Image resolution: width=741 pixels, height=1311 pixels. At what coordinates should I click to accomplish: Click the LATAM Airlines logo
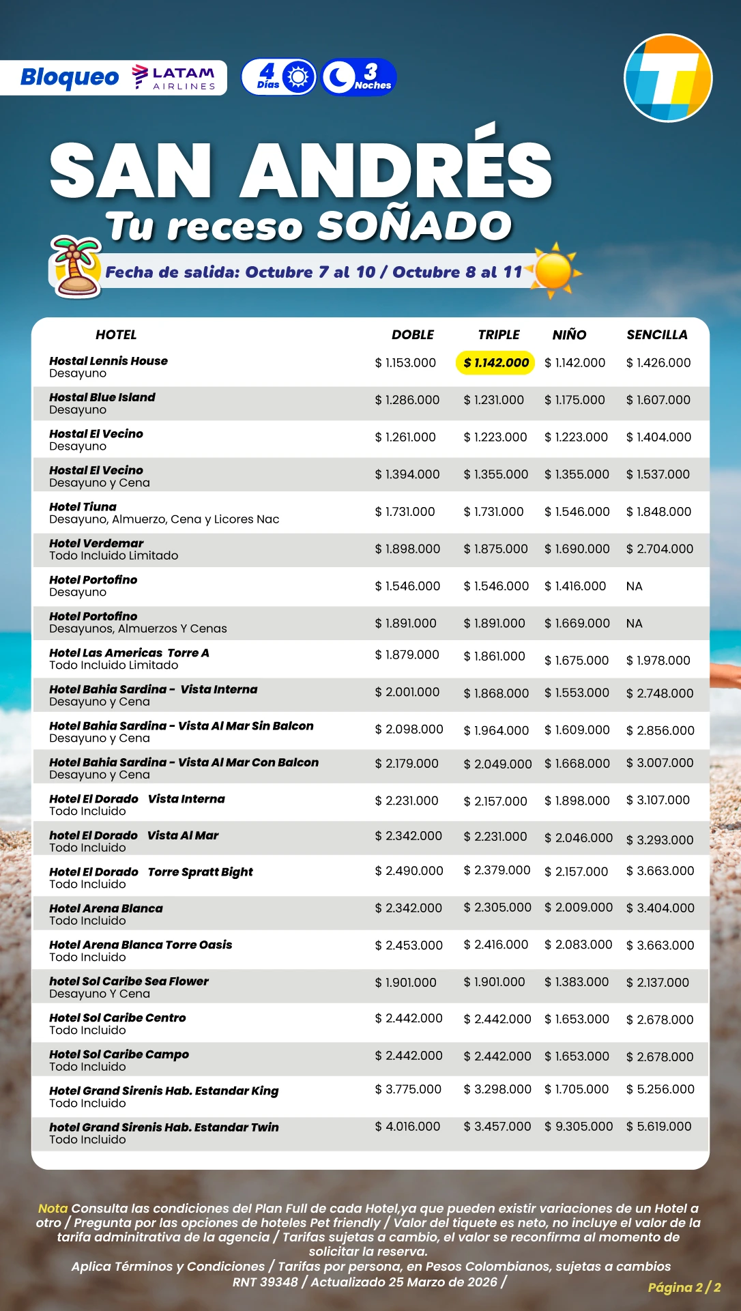[174, 78]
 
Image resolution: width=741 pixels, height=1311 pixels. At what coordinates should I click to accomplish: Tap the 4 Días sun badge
[279, 77]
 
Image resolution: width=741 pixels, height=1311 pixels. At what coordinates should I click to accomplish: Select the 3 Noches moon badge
[359, 77]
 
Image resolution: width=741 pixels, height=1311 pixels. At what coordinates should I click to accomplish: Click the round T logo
[668, 78]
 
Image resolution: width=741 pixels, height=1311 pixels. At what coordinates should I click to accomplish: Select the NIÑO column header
[569, 335]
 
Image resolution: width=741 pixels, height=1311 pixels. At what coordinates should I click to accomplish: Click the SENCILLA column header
[656, 335]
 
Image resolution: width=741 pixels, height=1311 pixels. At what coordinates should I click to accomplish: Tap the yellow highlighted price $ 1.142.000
[495, 363]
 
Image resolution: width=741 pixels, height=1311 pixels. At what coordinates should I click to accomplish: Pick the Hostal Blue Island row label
[102, 397]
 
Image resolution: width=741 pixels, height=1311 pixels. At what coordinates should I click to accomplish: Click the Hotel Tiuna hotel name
[83, 507]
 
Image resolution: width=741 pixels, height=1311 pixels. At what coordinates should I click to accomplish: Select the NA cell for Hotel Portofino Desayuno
[634, 586]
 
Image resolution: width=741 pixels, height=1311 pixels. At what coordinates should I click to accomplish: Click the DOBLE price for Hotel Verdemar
[407, 549]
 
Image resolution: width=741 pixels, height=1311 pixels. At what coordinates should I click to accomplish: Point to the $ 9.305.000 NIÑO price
[579, 1126]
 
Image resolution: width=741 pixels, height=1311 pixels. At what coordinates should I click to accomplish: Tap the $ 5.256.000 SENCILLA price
[660, 1089]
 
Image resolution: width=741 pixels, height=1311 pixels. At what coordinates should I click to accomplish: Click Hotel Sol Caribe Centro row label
[117, 1018]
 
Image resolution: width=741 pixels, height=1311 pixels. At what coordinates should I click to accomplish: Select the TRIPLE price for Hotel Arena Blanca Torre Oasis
[496, 945]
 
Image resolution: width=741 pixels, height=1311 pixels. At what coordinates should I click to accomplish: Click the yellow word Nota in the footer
[53, 1208]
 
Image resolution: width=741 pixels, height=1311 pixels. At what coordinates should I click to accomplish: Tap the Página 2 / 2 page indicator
[684, 1287]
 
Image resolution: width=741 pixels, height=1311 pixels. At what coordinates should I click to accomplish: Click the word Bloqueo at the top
[70, 78]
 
